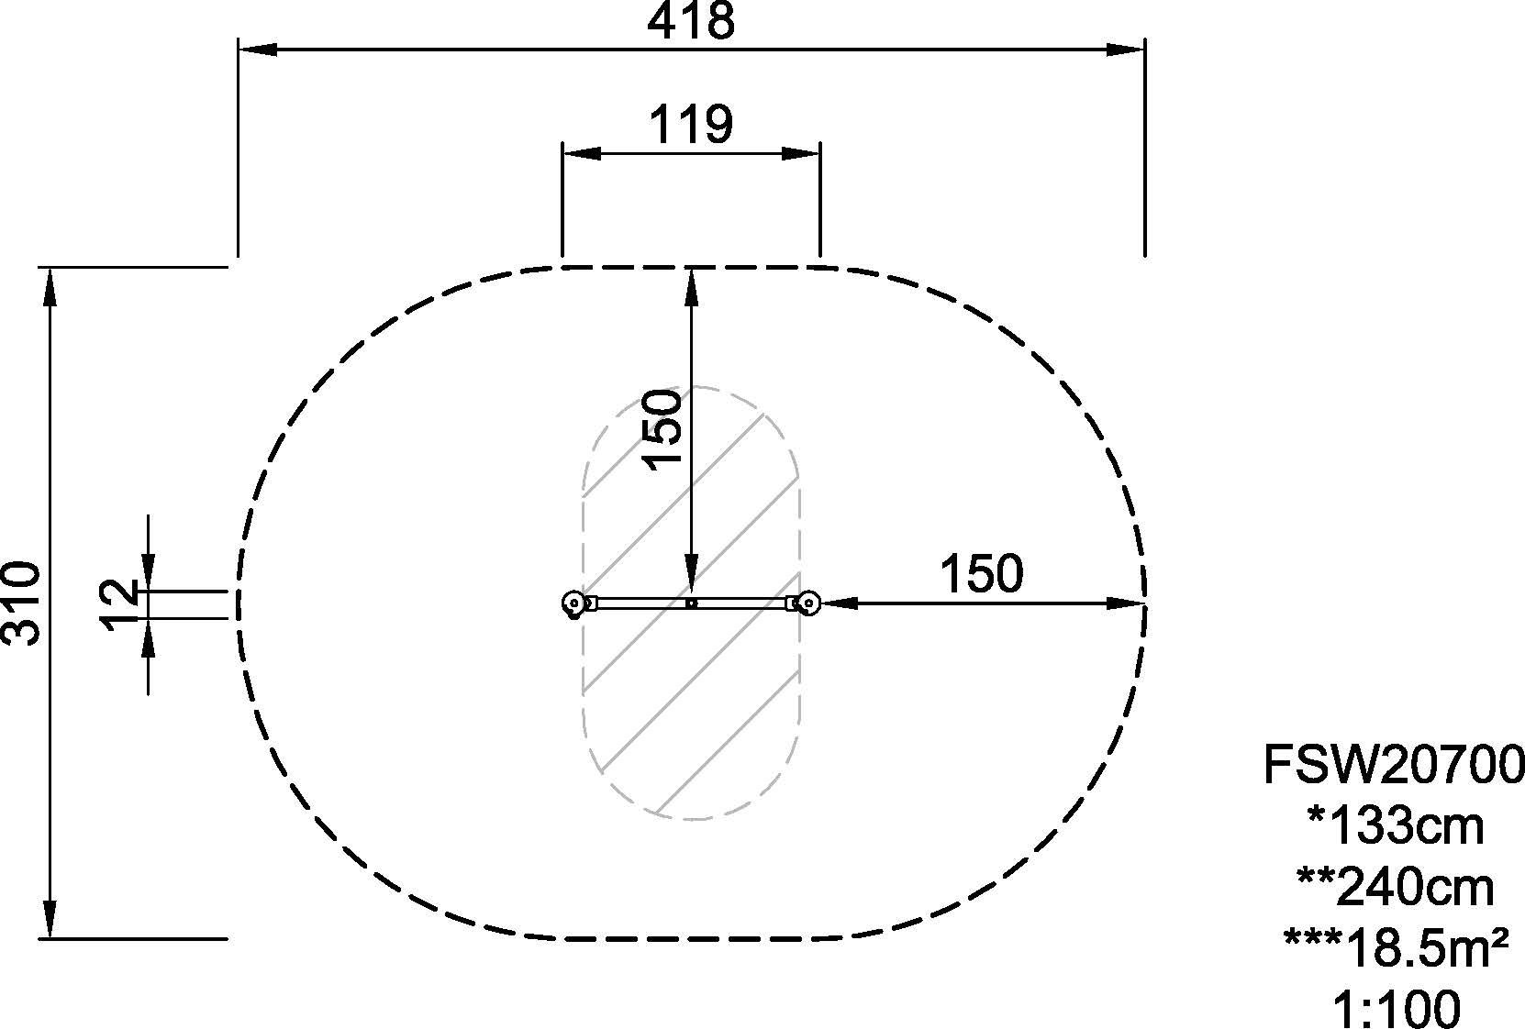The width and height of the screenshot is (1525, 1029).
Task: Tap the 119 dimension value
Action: coord(690,125)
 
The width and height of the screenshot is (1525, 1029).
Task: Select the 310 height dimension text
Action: coord(22,603)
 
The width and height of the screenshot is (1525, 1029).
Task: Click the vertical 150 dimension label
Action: coord(662,429)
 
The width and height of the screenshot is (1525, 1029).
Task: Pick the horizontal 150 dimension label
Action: coord(981,574)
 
